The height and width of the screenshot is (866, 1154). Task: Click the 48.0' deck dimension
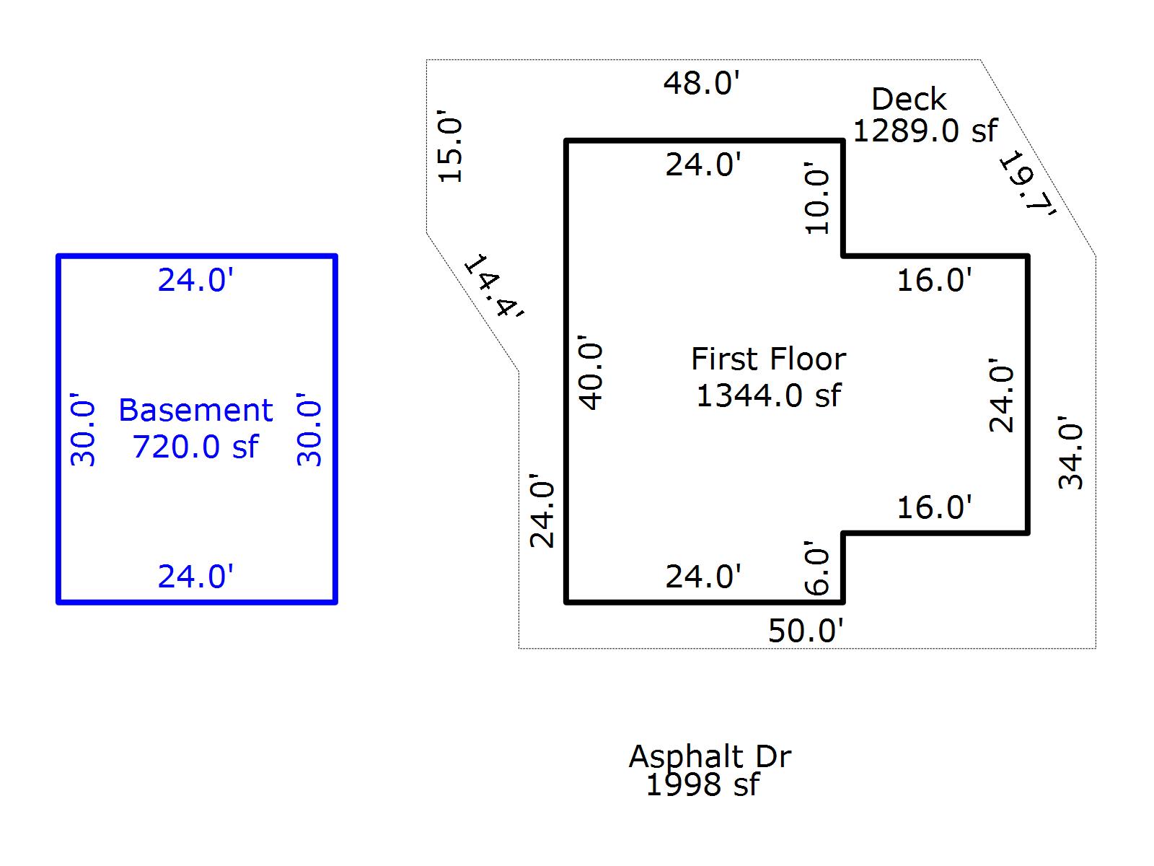[701, 83]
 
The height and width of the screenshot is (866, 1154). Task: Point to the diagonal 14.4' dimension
[493, 287]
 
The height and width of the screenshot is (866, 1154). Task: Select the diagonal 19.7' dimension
[1027, 183]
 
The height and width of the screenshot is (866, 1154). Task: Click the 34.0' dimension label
[1070, 453]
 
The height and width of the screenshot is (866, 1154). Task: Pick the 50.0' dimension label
[805, 631]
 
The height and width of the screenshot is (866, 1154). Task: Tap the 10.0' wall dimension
[817, 198]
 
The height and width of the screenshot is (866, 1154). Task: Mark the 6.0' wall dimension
[817, 568]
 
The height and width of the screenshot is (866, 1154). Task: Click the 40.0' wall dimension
[591, 372]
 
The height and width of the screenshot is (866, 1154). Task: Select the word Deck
[908, 100]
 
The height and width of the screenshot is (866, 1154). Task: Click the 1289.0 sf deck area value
[925, 131]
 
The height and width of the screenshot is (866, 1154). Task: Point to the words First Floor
[768, 359]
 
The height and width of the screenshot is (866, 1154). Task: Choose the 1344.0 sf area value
[768, 395]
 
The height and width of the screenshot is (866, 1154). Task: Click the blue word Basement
[195, 410]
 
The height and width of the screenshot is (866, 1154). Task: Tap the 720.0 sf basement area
[195, 447]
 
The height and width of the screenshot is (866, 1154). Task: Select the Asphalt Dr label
[710, 756]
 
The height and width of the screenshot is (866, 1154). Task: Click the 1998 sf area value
[702, 784]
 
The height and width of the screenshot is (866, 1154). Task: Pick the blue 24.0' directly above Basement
[195, 280]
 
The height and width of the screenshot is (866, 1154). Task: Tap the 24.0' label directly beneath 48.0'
[702, 165]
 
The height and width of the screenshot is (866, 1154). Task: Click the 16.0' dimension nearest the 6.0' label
[934, 507]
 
